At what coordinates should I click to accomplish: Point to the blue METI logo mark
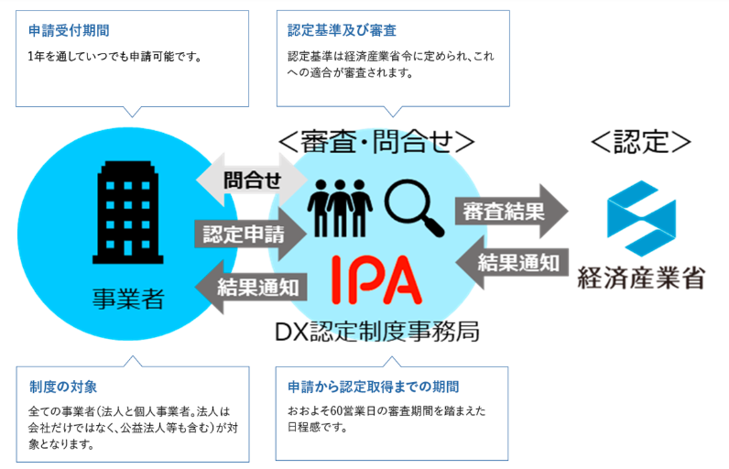coord(640,223)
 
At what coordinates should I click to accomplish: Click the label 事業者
coord(128,299)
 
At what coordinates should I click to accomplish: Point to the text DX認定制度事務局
coord(376,332)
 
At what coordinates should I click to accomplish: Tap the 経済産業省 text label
coord(641,279)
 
